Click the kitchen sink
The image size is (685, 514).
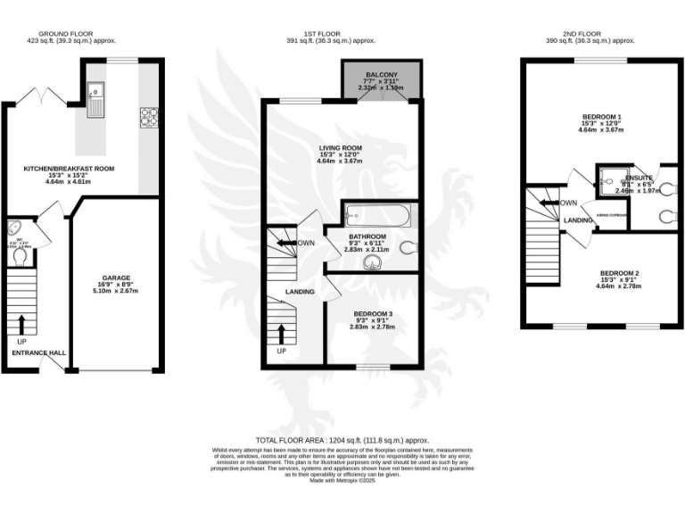pyautogui.click(x=95, y=98)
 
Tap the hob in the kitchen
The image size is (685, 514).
pyautogui.click(x=148, y=116)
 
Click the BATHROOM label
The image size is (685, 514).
pyautogui.click(x=367, y=236)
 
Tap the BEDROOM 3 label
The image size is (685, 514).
pyautogui.click(x=372, y=313)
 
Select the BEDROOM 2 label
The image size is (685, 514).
pyautogui.click(x=618, y=272)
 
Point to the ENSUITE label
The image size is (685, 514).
pyautogui.click(x=639, y=177)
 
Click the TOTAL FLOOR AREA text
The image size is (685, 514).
pyautogui.click(x=342, y=441)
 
